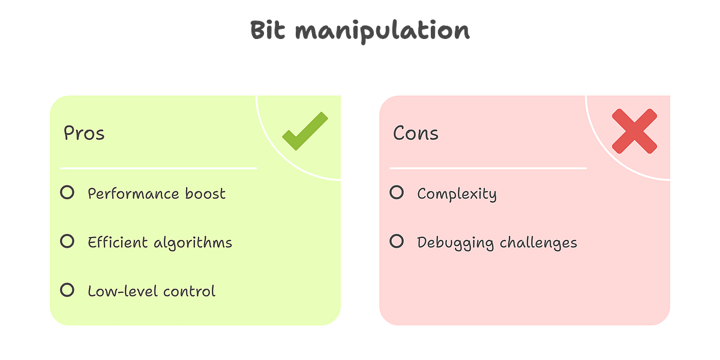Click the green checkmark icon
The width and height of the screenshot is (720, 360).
[305, 131]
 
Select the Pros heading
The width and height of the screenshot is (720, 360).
[84, 133]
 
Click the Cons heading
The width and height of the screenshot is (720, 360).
[415, 133]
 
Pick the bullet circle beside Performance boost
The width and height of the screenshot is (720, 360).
[67, 193]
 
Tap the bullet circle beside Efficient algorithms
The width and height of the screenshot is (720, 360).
[67, 241]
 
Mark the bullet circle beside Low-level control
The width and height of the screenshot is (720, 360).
[67, 290]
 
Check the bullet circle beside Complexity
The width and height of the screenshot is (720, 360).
[397, 193]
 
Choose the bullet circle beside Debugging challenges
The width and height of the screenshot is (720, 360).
[397, 241]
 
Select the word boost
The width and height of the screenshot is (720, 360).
[206, 193]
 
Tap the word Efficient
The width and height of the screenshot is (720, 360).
[118, 242]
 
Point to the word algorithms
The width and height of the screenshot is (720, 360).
[193, 243]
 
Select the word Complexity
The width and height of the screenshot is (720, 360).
[457, 194]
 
